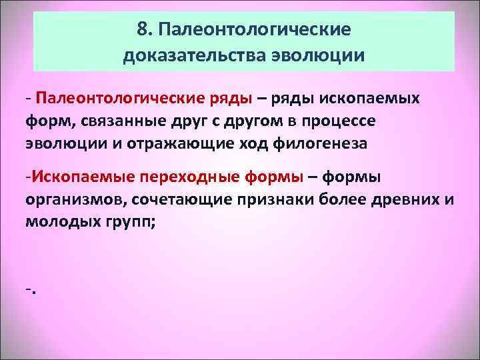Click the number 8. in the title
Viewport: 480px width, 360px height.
tap(143, 30)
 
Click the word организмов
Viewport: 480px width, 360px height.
tap(75, 199)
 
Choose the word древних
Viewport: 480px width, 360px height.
tap(404, 199)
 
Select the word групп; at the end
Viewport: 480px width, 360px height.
tap(130, 221)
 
